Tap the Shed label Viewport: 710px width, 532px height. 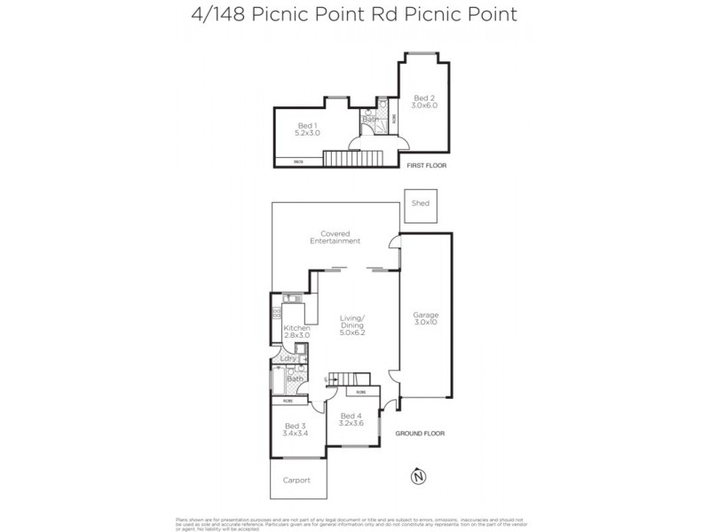coord(420,203)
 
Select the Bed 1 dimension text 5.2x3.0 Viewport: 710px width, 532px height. coord(307,132)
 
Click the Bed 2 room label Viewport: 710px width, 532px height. coord(423,98)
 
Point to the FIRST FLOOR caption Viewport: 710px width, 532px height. coord(427,166)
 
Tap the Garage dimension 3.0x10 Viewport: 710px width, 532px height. coord(425,322)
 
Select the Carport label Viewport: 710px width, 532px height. coord(296,480)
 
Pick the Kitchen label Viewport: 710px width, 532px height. coord(296,328)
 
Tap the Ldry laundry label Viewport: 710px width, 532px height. coord(288,358)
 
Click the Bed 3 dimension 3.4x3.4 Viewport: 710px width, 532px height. coord(296,433)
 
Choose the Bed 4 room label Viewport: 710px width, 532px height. coord(351,415)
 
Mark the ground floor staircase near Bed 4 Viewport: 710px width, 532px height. coord(341,379)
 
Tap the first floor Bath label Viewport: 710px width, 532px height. coord(369,119)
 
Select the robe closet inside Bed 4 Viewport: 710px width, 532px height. coord(362,391)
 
